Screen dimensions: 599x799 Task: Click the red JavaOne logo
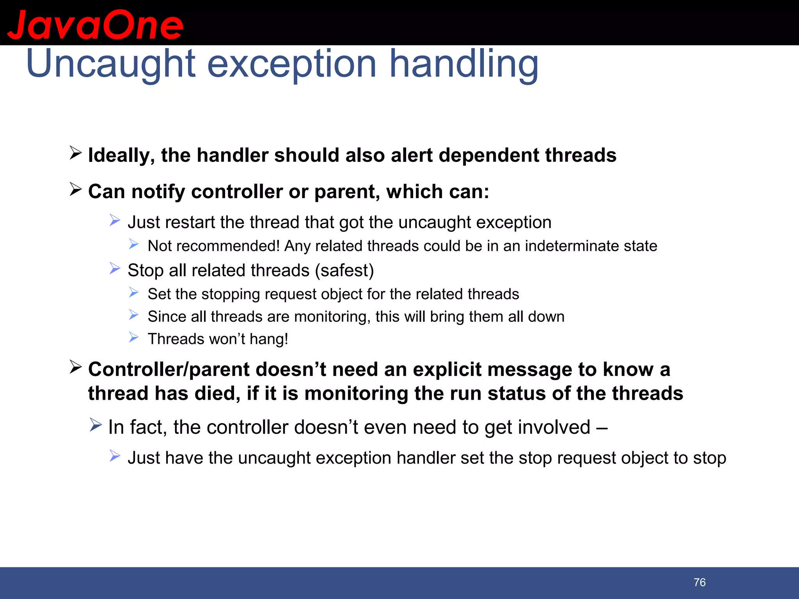point(95,25)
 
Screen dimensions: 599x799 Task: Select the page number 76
point(700,582)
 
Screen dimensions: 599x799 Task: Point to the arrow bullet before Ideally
point(75,153)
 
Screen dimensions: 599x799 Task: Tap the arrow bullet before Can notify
point(75,189)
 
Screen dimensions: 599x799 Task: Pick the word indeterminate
point(571,246)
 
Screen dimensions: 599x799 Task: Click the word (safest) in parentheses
point(344,270)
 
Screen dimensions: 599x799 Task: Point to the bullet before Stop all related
point(115,268)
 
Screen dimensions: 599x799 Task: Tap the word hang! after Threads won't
point(269,339)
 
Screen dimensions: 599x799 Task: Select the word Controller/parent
point(169,369)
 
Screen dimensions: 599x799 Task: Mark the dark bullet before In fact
point(95,425)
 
